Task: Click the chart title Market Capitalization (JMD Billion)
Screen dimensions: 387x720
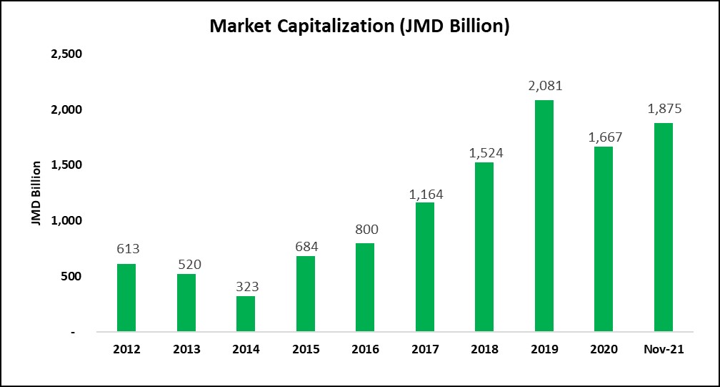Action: pyautogui.click(x=359, y=26)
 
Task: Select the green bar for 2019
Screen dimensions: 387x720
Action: pyautogui.click(x=544, y=216)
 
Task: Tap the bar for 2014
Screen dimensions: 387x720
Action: pyautogui.click(x=246, y=314)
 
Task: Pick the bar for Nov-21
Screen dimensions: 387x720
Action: pyautogui.click(x=663, y=227)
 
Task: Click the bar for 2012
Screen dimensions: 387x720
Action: pyautogui.click(x=126, y=298)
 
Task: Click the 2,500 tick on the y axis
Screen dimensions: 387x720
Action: pyautogui.click(x=66, y=54)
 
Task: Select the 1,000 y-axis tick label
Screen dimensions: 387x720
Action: pyautogui.click(x=66, y=221)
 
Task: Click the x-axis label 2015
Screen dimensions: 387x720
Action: pyautogui.click(x=306, y=349)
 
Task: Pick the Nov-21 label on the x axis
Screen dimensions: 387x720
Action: pyautogui.click(x=663, y=349)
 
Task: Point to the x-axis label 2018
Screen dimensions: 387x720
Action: pyautogui.click(x=484, y=349)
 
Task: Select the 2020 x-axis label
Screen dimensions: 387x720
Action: pyautogui.click(x=604, y=349)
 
